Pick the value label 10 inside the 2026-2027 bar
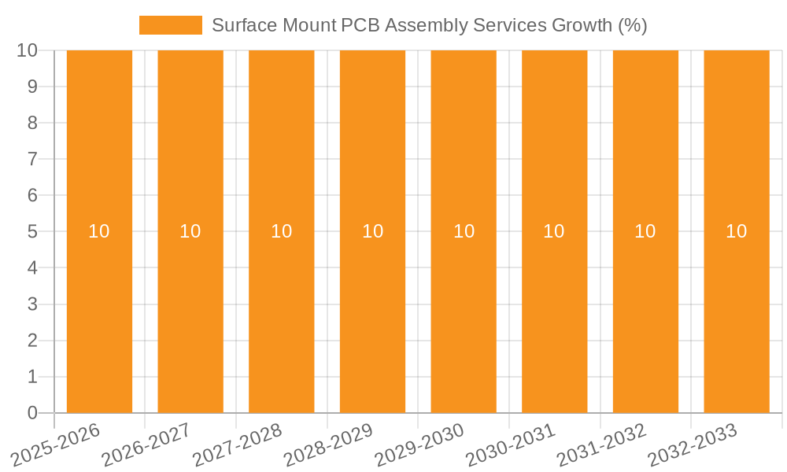[x=190, y=231]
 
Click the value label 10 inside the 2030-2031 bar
[x=554, y=231]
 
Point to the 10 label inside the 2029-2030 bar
[x=464, y=231]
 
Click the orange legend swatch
[x=171, y=25]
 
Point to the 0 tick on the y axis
[x=32, y=413]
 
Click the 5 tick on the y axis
[x=32, y=232]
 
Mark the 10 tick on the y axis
[x=28, y=50]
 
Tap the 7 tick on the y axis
[x=32, y=159]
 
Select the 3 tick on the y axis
[x=32, y=304]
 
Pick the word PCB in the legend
[x=360, y=25]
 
